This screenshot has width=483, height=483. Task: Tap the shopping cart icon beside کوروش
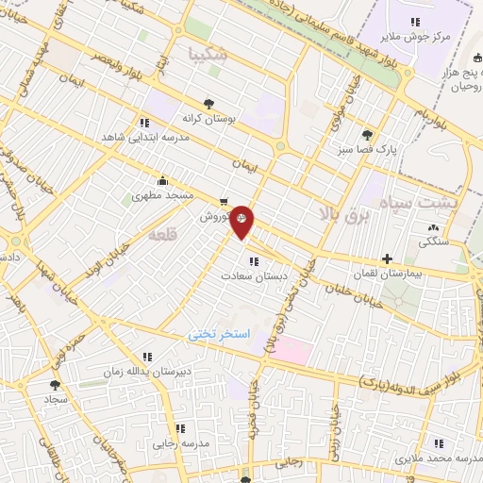(x=223, y=201)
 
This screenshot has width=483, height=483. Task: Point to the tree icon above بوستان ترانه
(x=208, y=105)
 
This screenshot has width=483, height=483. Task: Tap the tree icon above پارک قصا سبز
(x=367, y=134)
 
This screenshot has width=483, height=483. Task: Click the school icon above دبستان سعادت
(x=252, y=261)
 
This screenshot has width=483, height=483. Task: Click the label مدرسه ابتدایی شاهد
(x=144, y=136)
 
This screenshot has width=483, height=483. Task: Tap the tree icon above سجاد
(x=56, y=385)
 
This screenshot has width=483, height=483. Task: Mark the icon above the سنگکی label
(x=433, y=227)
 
